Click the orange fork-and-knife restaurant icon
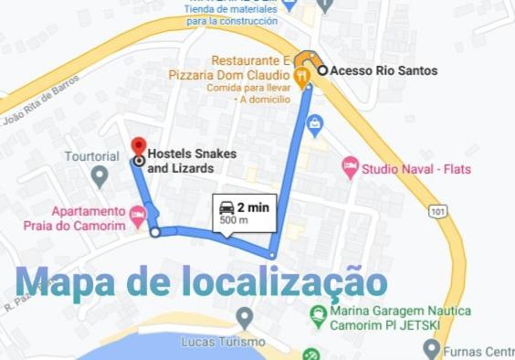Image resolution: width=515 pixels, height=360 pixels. click(302, 74)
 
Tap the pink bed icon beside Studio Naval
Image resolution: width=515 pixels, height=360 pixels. click(350, 167)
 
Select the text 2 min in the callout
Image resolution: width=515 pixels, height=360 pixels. click(253, 207)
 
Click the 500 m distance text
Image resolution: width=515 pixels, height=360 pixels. click(234, 220)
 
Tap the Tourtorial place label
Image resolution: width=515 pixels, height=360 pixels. click(91, 156)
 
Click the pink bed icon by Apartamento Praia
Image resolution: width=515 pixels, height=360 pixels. click(138, 217)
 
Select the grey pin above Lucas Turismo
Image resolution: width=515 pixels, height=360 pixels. click(244, 317)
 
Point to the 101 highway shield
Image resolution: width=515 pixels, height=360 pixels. click(440, 212)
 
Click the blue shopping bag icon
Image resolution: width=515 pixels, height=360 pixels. click(315, 122)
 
